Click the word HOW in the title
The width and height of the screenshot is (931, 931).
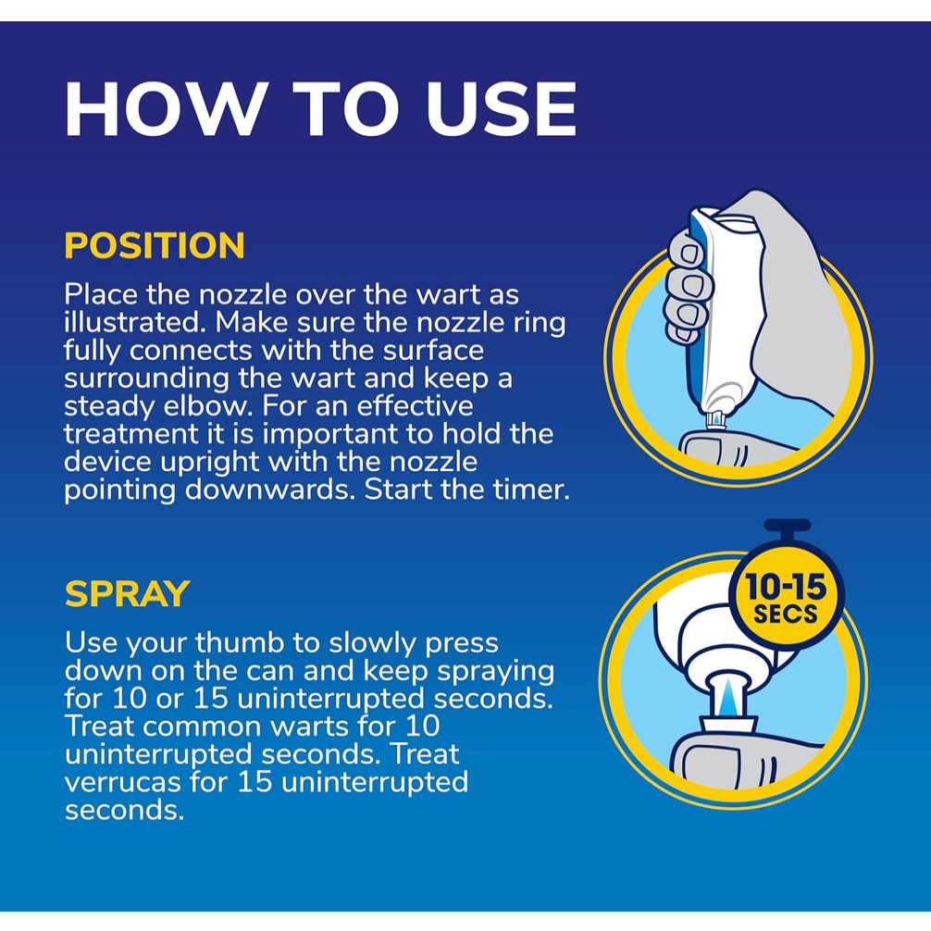pos(163,109)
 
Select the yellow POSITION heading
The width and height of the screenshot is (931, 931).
pos(155,245)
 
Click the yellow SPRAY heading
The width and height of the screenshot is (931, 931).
pos(127,593)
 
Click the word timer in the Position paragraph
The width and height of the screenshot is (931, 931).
pos(529,490)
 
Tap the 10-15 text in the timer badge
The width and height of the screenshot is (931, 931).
pos(785,587)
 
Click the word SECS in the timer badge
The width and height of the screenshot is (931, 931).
pos(785,614)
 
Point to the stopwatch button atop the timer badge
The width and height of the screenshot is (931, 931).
pos(788,526)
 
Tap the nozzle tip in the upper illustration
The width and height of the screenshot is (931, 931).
pos(716,421)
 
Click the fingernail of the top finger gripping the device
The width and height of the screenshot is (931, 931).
pos(690,254)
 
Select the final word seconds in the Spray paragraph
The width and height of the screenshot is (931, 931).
pos(124,810)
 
